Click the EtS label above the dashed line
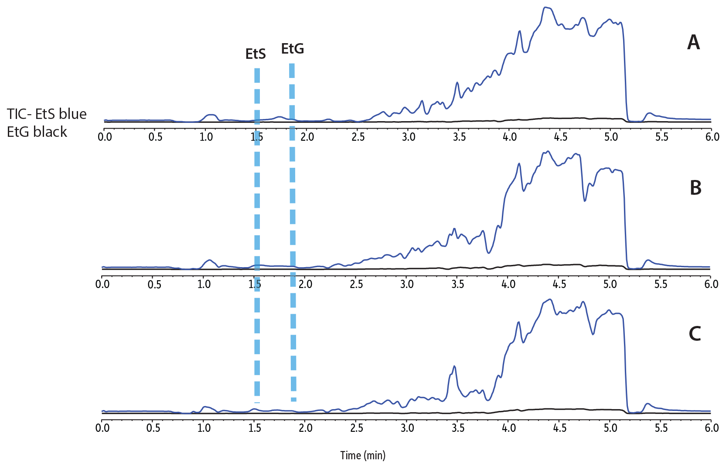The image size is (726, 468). [x=256, y=54]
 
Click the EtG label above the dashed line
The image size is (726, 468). [x=292, y=49]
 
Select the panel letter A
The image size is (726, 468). [x=693, y=43]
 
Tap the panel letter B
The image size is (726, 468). [x=695, y=187]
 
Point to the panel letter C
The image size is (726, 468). [x=695, y=334]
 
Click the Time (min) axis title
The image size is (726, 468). [x=363, y=455]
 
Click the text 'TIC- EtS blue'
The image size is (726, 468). [x=47, y=114]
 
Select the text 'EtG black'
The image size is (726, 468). [x=37, y=132]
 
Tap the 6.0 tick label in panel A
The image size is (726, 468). [x=712, y=137]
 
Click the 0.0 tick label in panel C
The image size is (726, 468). [x=102, y=428]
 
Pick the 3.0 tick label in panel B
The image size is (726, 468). [x=407, y=284]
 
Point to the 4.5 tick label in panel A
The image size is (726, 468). [x=560, y=137]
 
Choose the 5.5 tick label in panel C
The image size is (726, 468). [x=661, y=428]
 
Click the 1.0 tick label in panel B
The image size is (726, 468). [x=204, y=284]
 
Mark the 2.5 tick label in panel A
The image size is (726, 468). [x=358, y=137]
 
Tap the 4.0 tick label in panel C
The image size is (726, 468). [x=508, y=428]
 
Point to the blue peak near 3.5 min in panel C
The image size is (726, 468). [x=454, y=366]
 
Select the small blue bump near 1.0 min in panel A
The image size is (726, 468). [x=211, y=115]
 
